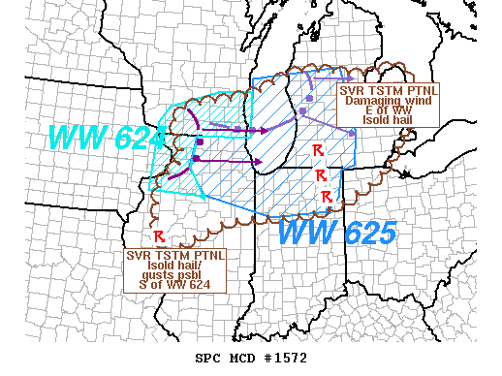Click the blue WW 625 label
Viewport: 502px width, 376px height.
click(336, 233)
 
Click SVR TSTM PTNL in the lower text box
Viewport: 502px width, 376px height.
click(175, 255)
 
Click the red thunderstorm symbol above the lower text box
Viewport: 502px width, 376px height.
click(158, 236)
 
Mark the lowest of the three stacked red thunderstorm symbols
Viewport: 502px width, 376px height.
click(327, 197)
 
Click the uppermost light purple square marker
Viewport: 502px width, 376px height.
click(308, 98)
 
